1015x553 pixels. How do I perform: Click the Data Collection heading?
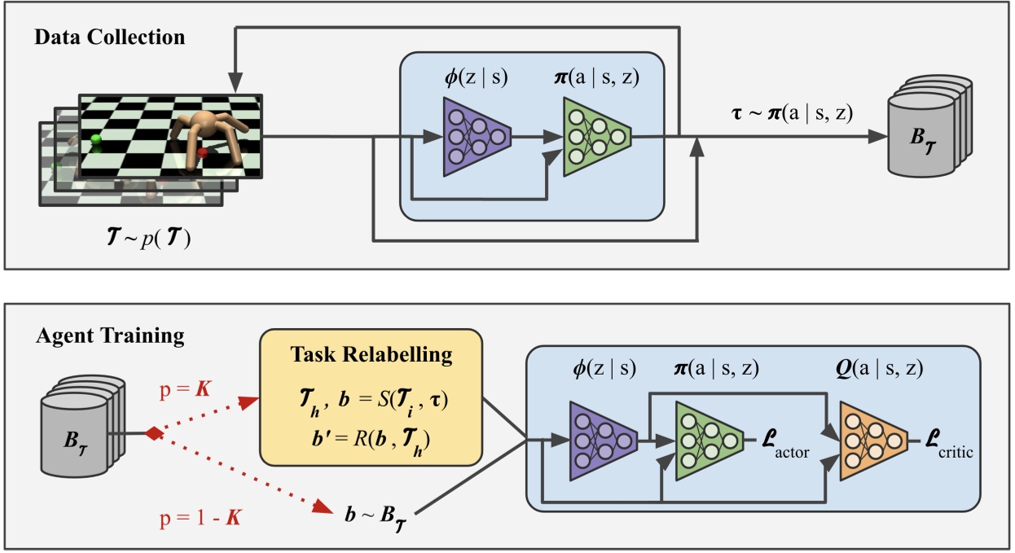point(110,37)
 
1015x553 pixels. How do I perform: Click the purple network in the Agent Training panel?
point(599,442)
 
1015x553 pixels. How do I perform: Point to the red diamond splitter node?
point(149,433)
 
